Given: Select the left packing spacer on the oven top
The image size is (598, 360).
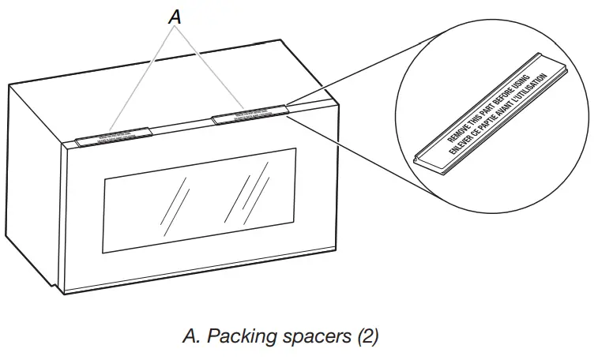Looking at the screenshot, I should tap(111, 135).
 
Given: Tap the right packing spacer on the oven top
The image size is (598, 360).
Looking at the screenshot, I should tap(247, 115).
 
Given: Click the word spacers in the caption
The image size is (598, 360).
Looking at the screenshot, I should tap(310, 336).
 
